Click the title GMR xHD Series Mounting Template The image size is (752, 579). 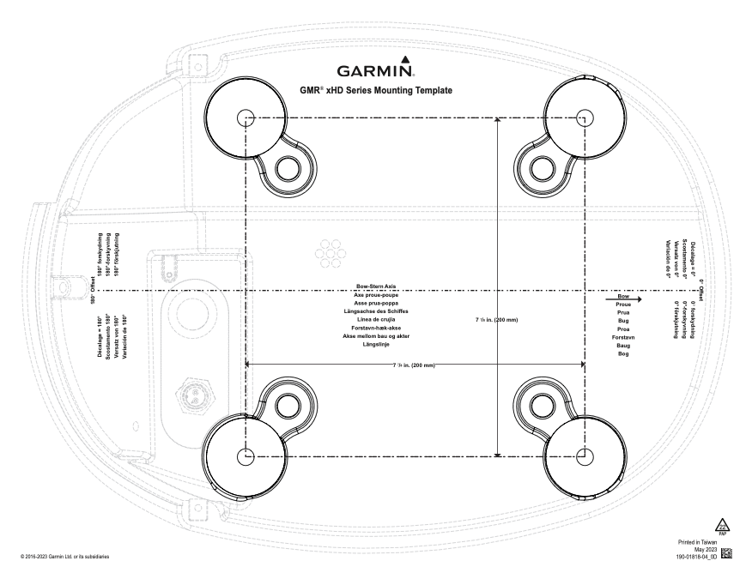click(x=376, y=89)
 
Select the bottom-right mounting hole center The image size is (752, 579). click(x=585, y=454)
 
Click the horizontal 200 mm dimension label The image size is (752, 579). click(x=415, y=365)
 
